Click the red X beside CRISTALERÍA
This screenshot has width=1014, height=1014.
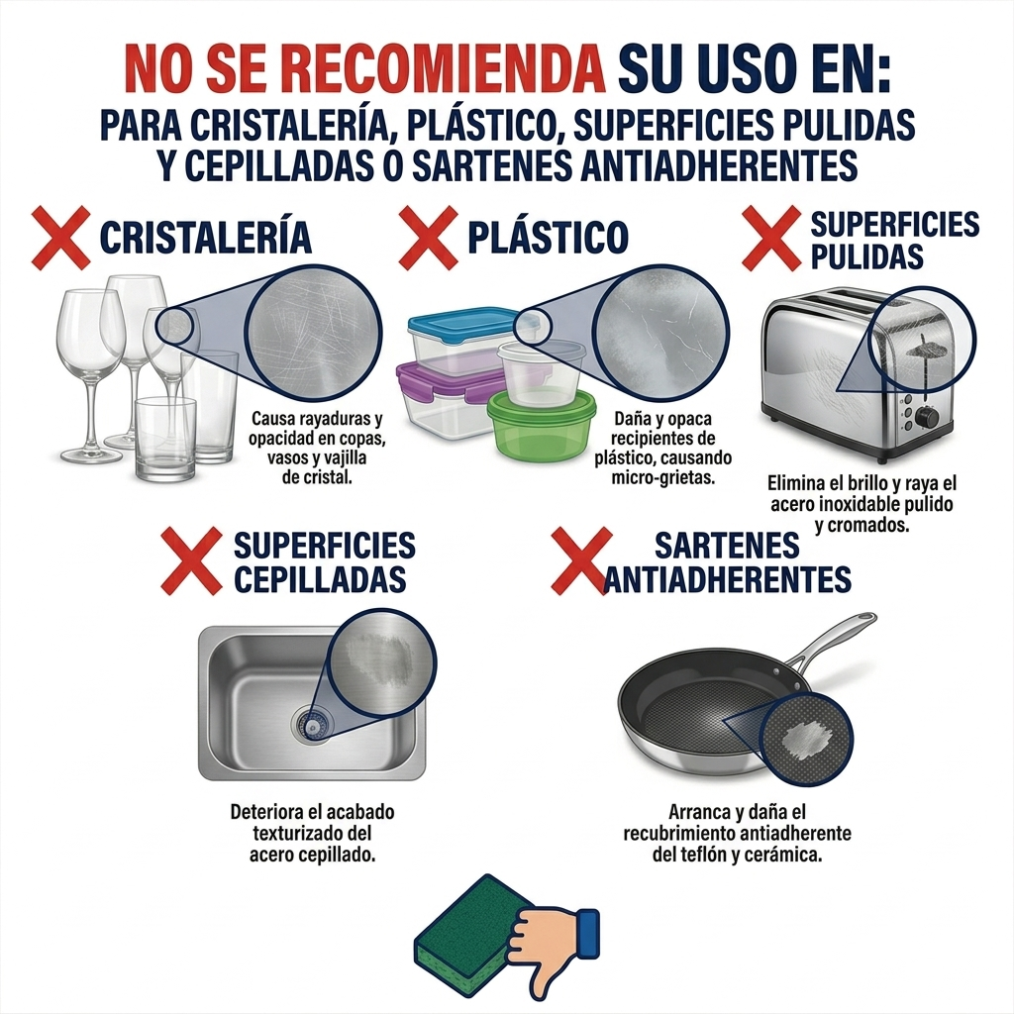pos(61,238)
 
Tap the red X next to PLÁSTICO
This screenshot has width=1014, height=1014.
pos(429,238)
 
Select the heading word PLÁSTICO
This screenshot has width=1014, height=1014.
pos(548,238)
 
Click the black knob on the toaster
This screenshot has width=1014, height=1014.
pos(927,417)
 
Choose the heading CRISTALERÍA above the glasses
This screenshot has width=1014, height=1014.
pos(206,238)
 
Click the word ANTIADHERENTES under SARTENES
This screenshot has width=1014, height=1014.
pos(728,578)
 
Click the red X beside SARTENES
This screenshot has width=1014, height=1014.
pos(579,560)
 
